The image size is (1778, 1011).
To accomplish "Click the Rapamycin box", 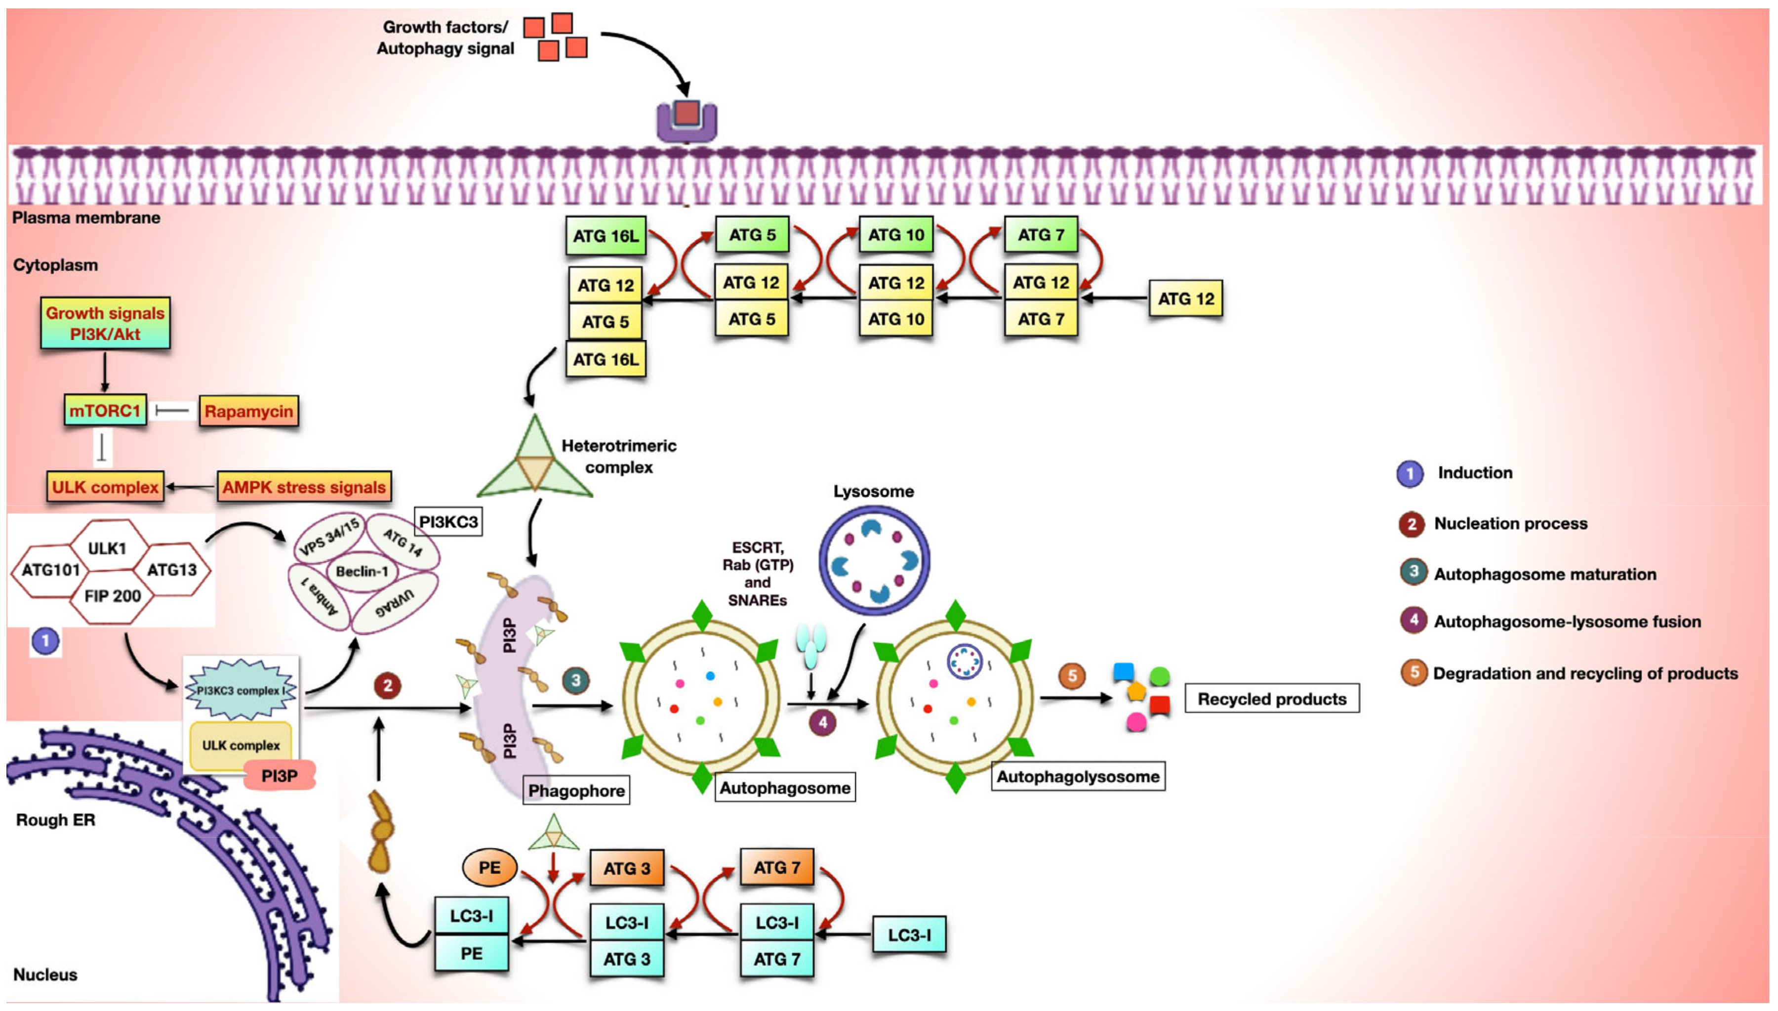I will pos(248,412).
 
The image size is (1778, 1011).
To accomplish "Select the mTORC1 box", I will pos(105,411).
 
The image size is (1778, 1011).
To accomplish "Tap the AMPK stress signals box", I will pos(303,487).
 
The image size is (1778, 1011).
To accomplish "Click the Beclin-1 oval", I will pos(362,571).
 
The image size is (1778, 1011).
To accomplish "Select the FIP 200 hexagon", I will pos(113,596).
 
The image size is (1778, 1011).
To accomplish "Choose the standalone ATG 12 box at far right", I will pos(1185,298).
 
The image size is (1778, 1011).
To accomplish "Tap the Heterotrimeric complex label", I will pos(618,456).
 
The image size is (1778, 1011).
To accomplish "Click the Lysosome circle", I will pos(874,560).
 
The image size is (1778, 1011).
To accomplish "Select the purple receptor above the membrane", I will pos(687,120).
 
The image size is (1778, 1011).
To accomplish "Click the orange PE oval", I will pos(489,868).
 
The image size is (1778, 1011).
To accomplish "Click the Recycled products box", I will pos(1271,699).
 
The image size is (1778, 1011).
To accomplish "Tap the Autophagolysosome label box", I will pos(1077,776).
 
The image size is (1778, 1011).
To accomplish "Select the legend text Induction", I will pos(1475,473).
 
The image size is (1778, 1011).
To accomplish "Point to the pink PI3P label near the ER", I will pos(280,776).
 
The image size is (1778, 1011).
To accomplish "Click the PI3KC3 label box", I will pos(448,521).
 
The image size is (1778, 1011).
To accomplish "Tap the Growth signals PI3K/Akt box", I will pos(105,324).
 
